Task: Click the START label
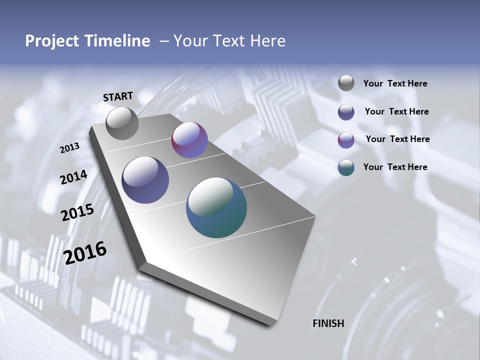(118, 96)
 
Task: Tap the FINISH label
(328, 323)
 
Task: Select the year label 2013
(70, 148)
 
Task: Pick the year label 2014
(73, 177)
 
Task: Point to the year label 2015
(77, 212)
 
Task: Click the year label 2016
(85, 252)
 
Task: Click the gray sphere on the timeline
(122, 123)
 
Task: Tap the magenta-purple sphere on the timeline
(189, 140)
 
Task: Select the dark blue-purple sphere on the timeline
(145, 180)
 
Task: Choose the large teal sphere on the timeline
(216, 207)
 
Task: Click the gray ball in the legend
(346, 83)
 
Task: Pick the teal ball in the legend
(346, 167)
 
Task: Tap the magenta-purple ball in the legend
(346, 140)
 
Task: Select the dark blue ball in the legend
(346, 112)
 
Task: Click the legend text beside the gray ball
(395, 84)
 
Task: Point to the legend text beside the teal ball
(395, 167)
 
